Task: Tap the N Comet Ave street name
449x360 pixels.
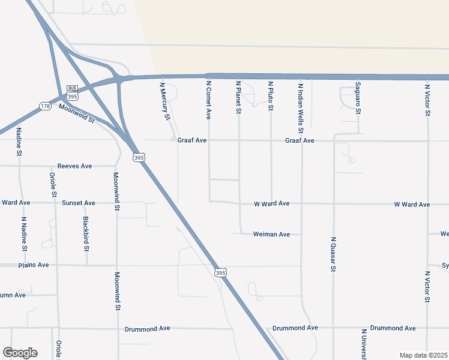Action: coord(209,100)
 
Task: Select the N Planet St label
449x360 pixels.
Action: coord(239,98)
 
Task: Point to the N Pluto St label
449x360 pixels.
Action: coord(271,96)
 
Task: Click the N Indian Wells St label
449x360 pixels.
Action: coord(301,107)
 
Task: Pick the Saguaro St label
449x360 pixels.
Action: coord(358,98)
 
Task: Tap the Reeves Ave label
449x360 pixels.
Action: coord(74,166)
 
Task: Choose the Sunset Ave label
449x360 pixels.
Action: coord(79,203)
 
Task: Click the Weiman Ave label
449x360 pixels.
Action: coord(271,234)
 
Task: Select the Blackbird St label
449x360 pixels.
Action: coord(86,233)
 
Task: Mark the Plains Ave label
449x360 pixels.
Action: coord(34,265)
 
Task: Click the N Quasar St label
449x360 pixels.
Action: coord(333,254)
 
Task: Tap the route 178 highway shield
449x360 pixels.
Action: coord(46,107)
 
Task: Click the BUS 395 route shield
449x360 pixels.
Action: coord(72,93)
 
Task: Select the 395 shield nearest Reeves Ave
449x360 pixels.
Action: coord(138,157)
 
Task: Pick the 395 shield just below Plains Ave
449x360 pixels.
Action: coord(220,272)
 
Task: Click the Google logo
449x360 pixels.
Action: coord(20,353)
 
